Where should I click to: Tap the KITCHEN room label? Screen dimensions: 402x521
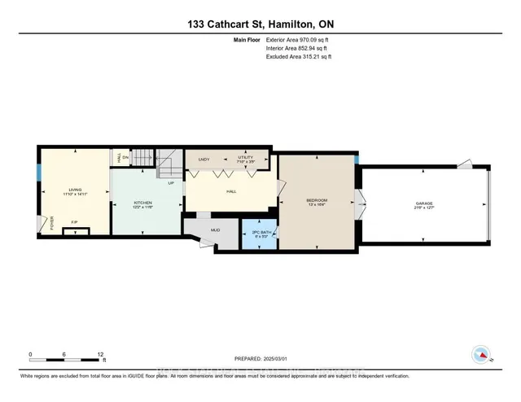(x=143, y=204)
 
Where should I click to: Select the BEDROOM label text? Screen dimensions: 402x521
(x=317, y=201)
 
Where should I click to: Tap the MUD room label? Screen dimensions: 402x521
(x=216, y=230)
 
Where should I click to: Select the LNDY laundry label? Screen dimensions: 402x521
(x=204, y=159)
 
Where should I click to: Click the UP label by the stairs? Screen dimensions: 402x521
(x=171, y=182)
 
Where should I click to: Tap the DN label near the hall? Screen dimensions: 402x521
(x=126, y=159)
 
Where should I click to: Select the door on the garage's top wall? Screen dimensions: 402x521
(x=463, y=164)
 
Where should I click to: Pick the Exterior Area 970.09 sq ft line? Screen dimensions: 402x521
(x=299, y=39)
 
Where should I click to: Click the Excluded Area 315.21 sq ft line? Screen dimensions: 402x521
(x=299, y=57)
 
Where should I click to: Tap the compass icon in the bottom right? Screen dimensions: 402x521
(x=481, y=354)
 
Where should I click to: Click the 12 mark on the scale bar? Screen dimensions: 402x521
(x=101, y=355)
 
